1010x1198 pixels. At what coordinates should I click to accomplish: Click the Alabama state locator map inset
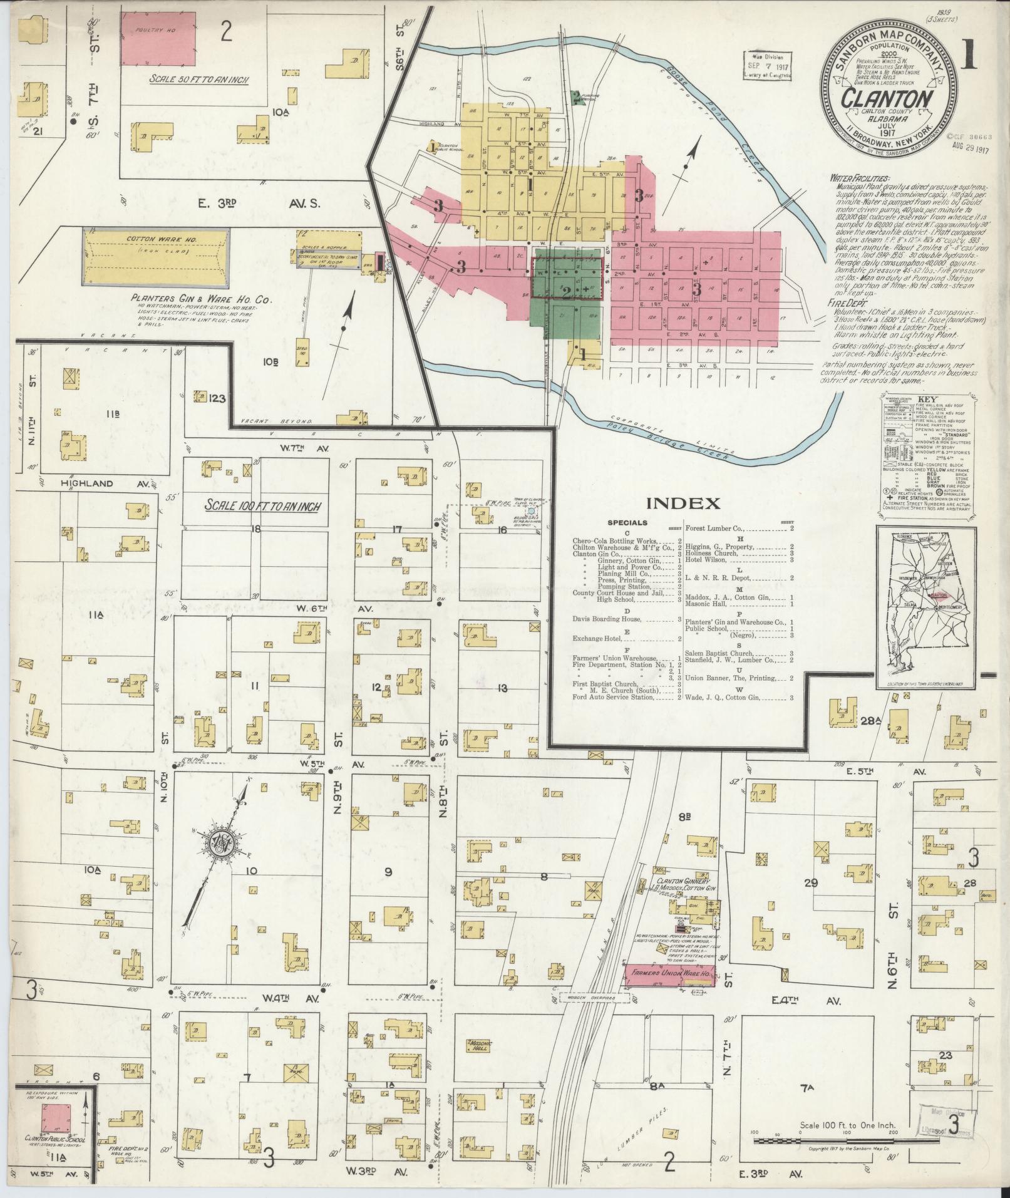(x=924, y=602)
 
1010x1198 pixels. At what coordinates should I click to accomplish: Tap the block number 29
(x=811, y=883)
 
